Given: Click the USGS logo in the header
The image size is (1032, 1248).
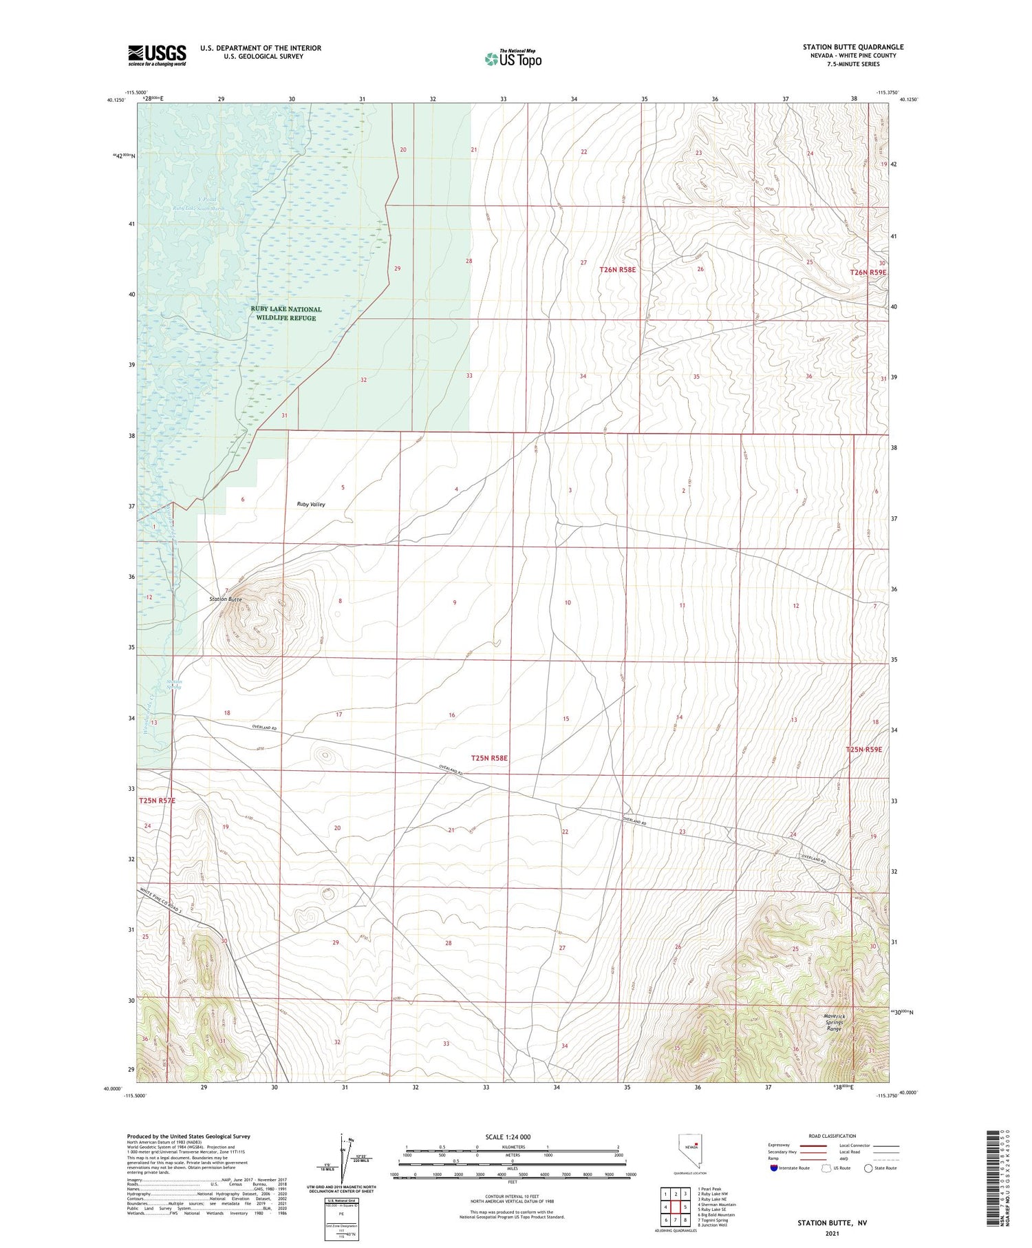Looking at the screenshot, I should click(157, 55).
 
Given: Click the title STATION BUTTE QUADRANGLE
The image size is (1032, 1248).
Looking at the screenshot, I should click(852, 47).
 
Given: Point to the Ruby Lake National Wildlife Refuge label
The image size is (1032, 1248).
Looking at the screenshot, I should click(286, 314).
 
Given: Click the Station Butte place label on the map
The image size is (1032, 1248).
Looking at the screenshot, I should click(226, 600).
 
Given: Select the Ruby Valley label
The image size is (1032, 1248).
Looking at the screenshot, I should click(311, 505).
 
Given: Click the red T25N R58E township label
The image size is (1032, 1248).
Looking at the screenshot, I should click(489, 758).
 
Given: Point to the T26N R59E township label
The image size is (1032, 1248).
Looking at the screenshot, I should click(868, 273).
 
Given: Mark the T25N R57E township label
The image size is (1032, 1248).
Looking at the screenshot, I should click(157, 801).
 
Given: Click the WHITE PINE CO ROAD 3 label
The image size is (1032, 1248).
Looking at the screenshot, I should click(160, 901).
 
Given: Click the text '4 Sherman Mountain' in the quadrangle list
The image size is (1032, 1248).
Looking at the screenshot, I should click(716, 1205).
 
